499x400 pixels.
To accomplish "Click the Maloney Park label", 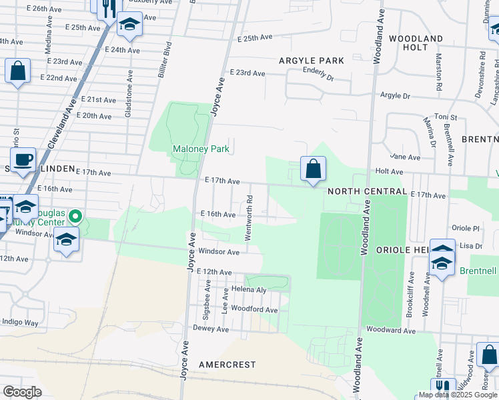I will click(x=201, y=149).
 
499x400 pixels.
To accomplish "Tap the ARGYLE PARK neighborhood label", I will click(x=311, y=61).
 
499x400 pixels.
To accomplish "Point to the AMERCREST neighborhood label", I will click(x=227, y=365).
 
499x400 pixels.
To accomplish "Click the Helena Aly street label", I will click(x=249, y=290).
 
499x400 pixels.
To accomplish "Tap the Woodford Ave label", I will click(x=254, y=310).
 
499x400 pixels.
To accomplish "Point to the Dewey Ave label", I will click(x=206, y=328).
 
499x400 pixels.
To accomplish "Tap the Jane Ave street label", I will click(x=406, y=157).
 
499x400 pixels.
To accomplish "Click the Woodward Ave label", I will click(x=391, y=331).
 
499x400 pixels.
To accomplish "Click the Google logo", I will click(x=21, y=392).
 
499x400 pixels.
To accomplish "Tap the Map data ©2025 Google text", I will click(x=458, y=395).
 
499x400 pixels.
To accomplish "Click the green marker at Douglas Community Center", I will click(x=75, y=216).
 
